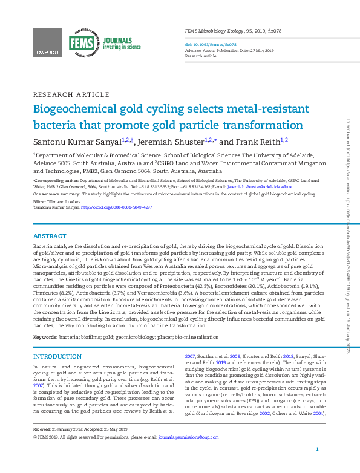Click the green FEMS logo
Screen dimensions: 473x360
click(80, 43)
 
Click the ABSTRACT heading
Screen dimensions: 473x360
click(50, 236)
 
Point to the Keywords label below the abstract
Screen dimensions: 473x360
click(46, 336)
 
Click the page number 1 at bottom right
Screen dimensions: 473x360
click(318, 466)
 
